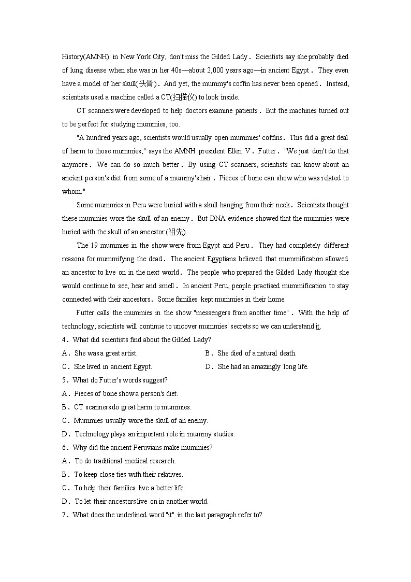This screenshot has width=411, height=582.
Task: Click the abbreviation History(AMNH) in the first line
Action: [x=85, y=57]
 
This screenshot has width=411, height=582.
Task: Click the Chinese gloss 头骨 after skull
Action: [x=146, y=84]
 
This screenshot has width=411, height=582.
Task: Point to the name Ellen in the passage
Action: [x=234, y=151]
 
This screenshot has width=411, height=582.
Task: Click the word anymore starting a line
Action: [x=75, y=165]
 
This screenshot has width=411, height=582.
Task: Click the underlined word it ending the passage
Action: [x=318, y=327]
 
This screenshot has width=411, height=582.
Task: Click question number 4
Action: [x=64, y=340]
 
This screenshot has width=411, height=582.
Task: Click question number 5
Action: [x=64, y=380]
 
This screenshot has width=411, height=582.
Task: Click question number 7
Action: [x=64, y=515]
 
